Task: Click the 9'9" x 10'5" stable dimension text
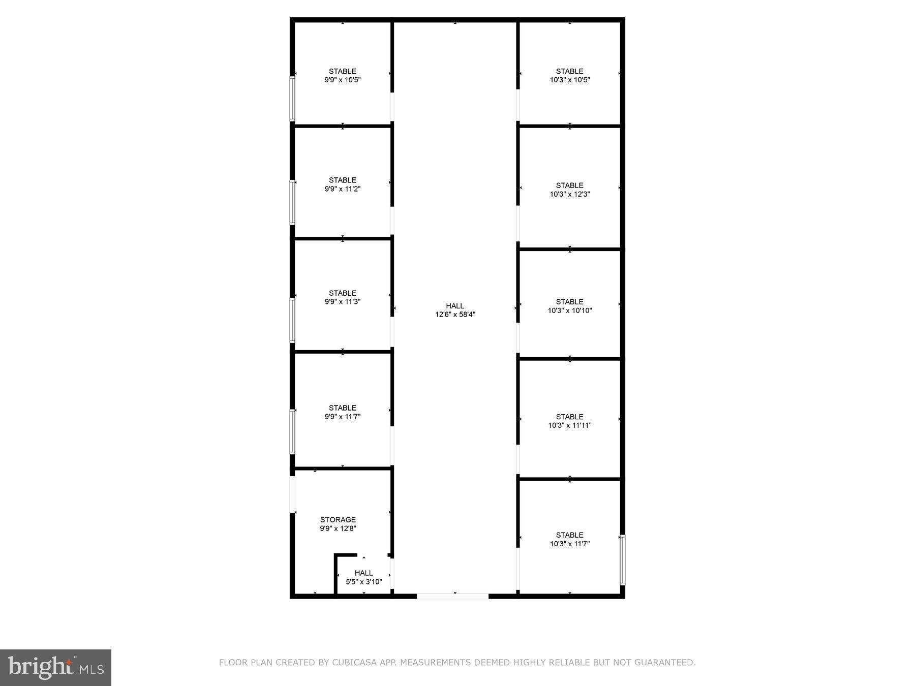[343, 80]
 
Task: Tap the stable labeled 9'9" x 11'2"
[343, 184]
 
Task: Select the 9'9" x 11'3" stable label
[343, 297]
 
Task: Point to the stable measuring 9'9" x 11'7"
[343, 412]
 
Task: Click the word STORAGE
[338, 519]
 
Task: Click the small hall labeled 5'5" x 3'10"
[363, 577]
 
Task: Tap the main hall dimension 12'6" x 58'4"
[455, 315]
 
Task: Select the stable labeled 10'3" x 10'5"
[569, 75]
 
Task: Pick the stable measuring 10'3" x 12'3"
[569, 190]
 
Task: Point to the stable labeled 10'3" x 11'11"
[569, 421]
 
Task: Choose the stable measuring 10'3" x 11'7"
[569, 539]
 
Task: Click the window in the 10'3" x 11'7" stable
[622, 560]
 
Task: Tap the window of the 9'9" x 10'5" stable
[292, 99]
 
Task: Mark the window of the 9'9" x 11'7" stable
[292, 431]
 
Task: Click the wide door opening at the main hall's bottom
[452, 596]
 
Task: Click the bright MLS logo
[55, 667]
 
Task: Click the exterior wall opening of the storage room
[292, 494]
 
